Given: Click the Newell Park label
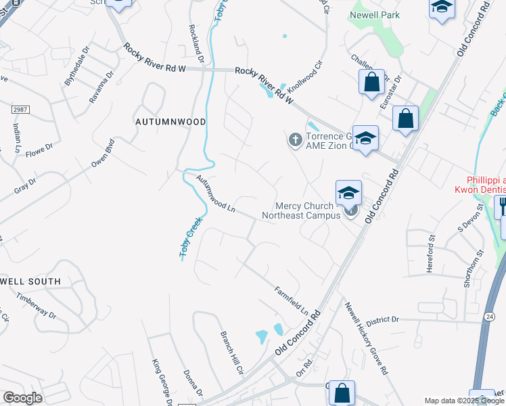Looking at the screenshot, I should (375, 15).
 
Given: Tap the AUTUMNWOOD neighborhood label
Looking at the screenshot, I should (169, 122).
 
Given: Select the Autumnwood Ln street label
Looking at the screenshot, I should (215, 195).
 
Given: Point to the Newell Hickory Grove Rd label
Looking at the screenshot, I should (365, 338).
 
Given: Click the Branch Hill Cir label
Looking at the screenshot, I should (231, 352).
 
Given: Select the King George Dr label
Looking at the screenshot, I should (159, 380).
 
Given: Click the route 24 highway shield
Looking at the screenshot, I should (489, 316).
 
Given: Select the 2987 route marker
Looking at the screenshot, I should (20, 108).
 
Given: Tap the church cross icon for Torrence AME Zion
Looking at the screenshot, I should (295, 140).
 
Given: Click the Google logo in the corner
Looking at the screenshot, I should (22, 398).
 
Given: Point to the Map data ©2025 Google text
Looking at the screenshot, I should (464, 401).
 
